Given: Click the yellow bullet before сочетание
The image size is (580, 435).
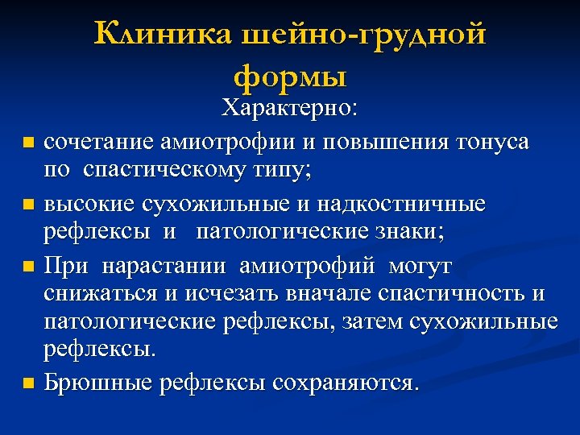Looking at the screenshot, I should click(x=29, y=143).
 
